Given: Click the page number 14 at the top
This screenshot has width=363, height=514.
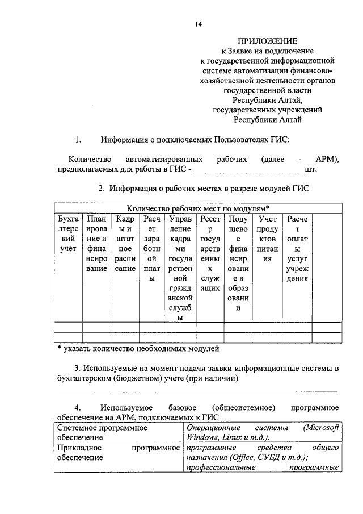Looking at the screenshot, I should point(197,24).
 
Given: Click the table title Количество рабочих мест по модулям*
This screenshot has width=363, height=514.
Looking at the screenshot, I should point(198,208).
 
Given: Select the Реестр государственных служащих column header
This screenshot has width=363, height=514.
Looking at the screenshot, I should point(210,254).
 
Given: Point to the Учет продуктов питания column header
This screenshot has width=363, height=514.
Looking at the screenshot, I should point(267,239).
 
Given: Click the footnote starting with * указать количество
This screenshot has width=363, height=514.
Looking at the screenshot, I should point(138,348).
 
